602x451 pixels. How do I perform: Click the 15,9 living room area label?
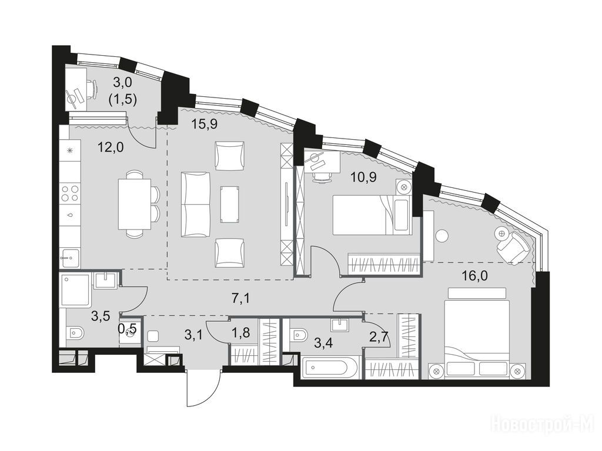pyautogui.click(x=205, y=124)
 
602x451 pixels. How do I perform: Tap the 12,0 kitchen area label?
pyautogui.click(x=111, y=147)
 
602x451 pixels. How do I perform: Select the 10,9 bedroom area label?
pyautogui.click(x=364, y=177)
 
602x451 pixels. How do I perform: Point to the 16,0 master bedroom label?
pyautogui.click(x=475, y=275)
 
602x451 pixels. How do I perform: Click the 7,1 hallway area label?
pyautogui.click(x=241, y=298)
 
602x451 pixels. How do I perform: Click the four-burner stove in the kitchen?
pyautogui.click(x=71, y=193)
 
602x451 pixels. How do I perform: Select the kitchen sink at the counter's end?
pyautogui.click(x=69, y=258)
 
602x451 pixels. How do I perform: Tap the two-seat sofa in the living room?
pyautogui.click(x=196, y=204)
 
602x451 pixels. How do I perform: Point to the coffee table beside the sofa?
pyautogui.click(x=230, y=204)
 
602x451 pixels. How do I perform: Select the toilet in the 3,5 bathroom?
pyautogui.click(x=75, y=333)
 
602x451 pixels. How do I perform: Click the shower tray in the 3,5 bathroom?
pyautogui.click(x=76, y=290)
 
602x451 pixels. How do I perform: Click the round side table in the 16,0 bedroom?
pyautogui.click(x=442, y=235)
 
